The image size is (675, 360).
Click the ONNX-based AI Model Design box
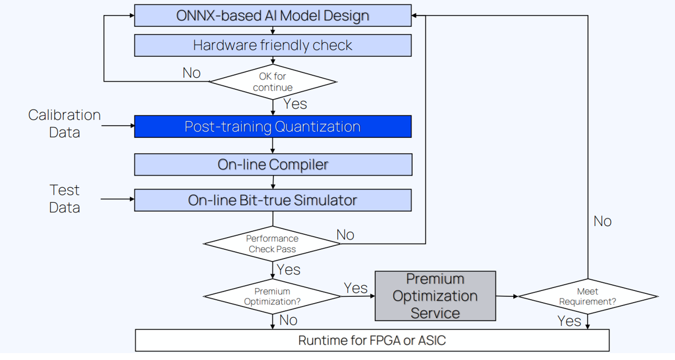click(273, 16)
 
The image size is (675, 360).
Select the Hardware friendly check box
click(273, 45)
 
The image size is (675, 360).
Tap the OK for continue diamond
click(273, 82)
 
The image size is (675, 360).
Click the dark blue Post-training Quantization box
click(273, 126)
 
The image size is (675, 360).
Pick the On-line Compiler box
click(273, 165)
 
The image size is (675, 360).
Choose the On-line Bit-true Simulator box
click(273, 200)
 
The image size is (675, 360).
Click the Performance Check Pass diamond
click(272, 243)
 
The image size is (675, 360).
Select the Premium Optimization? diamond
click(272, 296)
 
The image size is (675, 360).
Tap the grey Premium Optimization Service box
click(435, 296)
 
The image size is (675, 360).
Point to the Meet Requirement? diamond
click(588, 296)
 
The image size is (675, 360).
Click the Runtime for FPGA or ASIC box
click(373, 340)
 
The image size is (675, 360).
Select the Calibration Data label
click(64, 123)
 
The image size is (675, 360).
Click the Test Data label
click(64, 198)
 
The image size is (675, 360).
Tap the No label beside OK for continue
click(192, 73)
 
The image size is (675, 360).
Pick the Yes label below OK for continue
click(295, 104)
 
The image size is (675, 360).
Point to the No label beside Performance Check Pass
click(345, 235)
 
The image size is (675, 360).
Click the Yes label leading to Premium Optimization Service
click(356, 288)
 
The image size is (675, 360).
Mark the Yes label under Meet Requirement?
click(569, 321)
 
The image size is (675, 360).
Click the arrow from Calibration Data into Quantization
click(118, 126)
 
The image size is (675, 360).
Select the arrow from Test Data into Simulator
click(118, 199)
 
